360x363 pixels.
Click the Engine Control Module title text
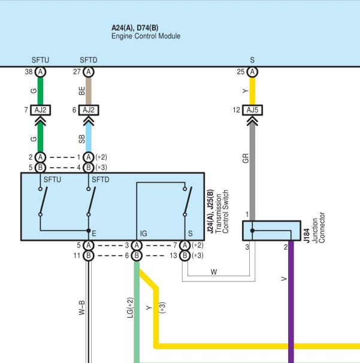coord(146,36)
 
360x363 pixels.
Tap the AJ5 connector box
coord(252,110)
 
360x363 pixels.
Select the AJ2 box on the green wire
coord(40,110)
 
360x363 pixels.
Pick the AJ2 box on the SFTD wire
coord(89,110)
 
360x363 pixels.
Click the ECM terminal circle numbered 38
coord(40,72)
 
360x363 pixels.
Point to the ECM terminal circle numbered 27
coord(89,72)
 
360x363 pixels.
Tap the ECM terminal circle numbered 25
coord(252,72)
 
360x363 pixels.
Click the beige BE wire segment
coord(89,91)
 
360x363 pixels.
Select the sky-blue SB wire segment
coord(89,138)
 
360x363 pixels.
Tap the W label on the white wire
coord(214,272)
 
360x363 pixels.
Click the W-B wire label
coord(82,308)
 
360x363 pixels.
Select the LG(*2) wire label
coord(131,308)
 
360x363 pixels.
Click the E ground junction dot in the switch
coord(89,231)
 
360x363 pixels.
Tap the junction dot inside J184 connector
coord(252,231)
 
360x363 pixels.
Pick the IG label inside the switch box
coord(144,234)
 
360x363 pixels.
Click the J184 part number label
coord(307,235)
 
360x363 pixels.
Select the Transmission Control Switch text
coord(222,211)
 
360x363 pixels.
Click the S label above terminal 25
coord(252,60)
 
